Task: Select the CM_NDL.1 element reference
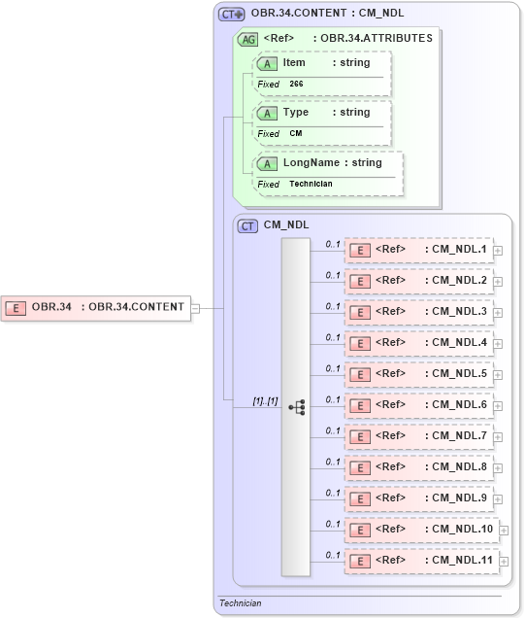pyautogui.click(x=418, y=250)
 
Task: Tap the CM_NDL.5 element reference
pyautogui.click(x=418, y=374)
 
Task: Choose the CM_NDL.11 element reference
pyautogui.click(x=420, y=561)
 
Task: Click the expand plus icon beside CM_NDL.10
pyautogui.click(x=503, y=530)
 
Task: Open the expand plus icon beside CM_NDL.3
pyautogui.click(x=498, y=312)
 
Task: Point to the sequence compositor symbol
pyautogui.click(x=297, y=407)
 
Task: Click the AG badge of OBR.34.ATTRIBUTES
pyautogui.click(x=248, y=39)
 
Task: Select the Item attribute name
pyautogui.click(x=294, y=62)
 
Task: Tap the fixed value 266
pyautogui.click(x=297, y=85)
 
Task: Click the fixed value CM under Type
pyautogui.click(x=296, y=134)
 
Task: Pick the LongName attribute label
pyautogui.click(x=311, y=162)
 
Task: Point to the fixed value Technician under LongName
pyautogui.click(x=311, y=184)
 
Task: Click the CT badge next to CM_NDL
pyautogui.click(x=248, y=225)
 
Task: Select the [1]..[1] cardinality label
pyautogui.click(x=265, y=399)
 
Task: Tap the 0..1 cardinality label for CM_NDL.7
pyautogui.click(x=332, y=430)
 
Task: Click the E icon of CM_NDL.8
pyautogui.click(x=359, y=468)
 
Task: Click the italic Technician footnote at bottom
pyautogui.click(x=241, y=603)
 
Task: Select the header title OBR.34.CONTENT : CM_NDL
pyautogui.click(x=327, y=14)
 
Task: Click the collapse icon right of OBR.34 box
pyautogui.click(x=196, y=308)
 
